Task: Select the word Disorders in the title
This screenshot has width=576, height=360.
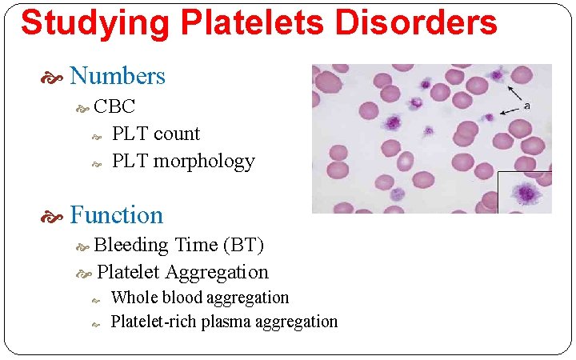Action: click(416, 24)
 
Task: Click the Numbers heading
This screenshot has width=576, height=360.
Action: click(118, 76)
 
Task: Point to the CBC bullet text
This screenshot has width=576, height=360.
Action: click(114, 106)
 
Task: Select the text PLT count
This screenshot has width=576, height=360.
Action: click(156, 134)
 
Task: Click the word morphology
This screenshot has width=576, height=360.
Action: click(204, 162)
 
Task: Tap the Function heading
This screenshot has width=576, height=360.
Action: click(117, 215)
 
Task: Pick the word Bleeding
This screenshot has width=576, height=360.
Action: click(131, 245)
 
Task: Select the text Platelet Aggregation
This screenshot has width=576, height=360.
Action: click(182, 272)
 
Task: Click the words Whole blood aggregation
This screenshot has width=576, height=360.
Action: click(200, 298)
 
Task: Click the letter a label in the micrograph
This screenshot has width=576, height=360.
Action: click(526, 105)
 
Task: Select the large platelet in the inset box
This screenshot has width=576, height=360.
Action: click(526, 194)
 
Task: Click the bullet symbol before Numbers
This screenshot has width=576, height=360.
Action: click(56, 78)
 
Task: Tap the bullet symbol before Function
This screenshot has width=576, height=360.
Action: click(56, 217)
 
